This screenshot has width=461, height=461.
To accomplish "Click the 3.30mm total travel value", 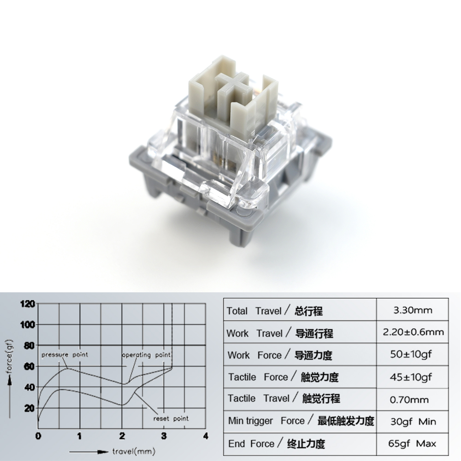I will click(413, 311).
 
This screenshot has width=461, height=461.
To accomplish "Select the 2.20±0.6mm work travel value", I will click(413, 332).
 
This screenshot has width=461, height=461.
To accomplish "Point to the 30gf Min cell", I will click(413, 421).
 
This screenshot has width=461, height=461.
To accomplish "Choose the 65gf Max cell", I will click(413, 444).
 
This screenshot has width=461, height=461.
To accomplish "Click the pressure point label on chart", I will click(64, 355).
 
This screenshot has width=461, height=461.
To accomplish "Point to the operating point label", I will click(146, 355).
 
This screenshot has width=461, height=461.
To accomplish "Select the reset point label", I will click(171, 419).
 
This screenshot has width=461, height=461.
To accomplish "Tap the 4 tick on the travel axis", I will click(206, 436).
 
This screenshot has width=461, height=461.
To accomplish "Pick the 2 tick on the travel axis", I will click(122, 436).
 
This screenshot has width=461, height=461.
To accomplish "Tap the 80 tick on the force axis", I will click(29, 345).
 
